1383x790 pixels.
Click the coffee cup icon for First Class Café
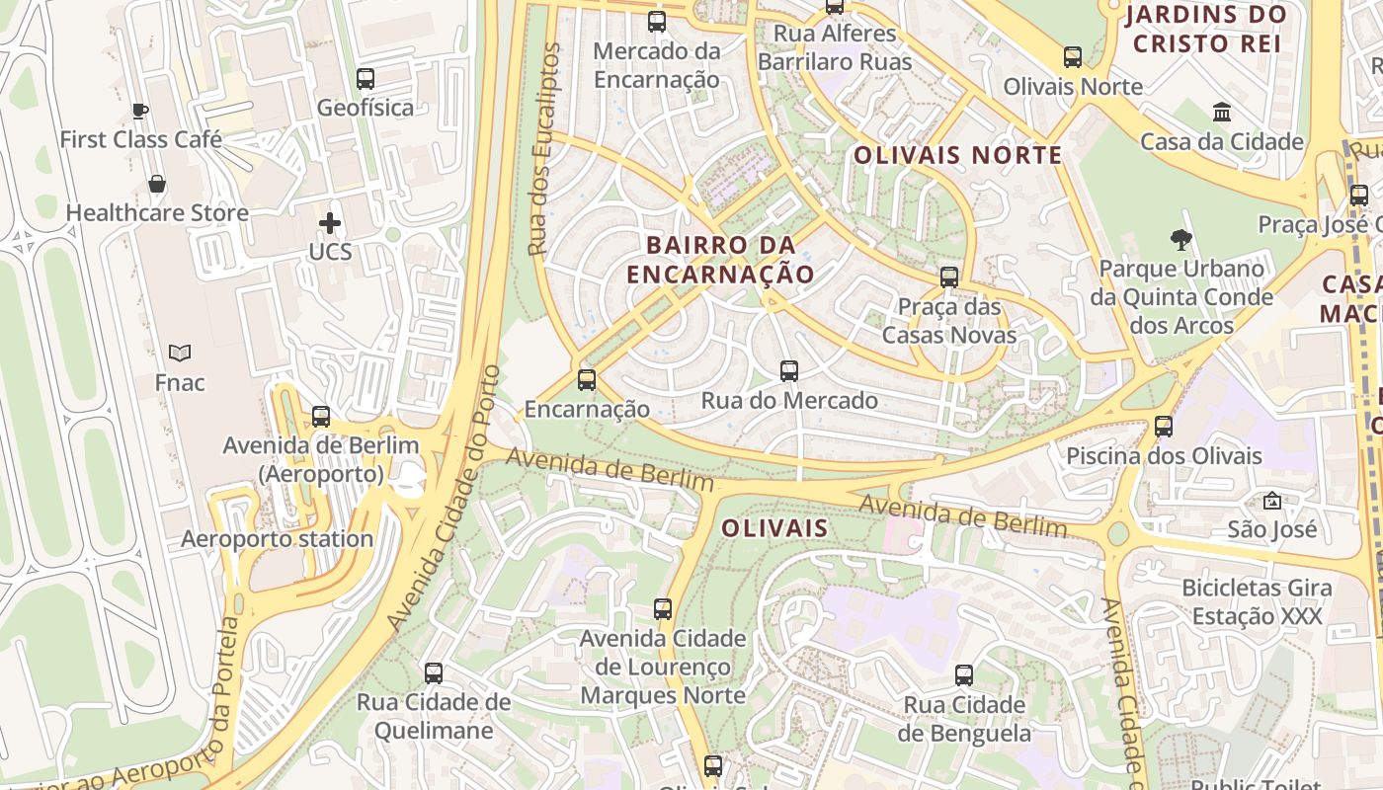140,110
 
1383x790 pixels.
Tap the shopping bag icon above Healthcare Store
157,184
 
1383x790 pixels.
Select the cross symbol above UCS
330,223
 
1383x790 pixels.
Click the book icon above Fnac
180,353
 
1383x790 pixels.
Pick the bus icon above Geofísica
366,79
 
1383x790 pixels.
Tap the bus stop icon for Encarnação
587,379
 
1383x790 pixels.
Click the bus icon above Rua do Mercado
789,371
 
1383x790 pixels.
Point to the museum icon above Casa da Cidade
1222,112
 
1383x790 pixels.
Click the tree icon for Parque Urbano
1180,239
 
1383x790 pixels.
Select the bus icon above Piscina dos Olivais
1164,427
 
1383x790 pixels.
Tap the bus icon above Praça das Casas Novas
949,277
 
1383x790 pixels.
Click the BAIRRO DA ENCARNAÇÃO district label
721,260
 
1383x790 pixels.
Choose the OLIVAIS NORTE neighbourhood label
958,155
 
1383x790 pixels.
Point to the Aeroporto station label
277,539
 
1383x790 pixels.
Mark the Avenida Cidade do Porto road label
445,499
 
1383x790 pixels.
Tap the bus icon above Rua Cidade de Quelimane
434,673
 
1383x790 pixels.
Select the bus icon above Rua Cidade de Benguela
964,675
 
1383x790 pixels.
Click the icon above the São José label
1271,501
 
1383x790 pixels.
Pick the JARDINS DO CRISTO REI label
1206,29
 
